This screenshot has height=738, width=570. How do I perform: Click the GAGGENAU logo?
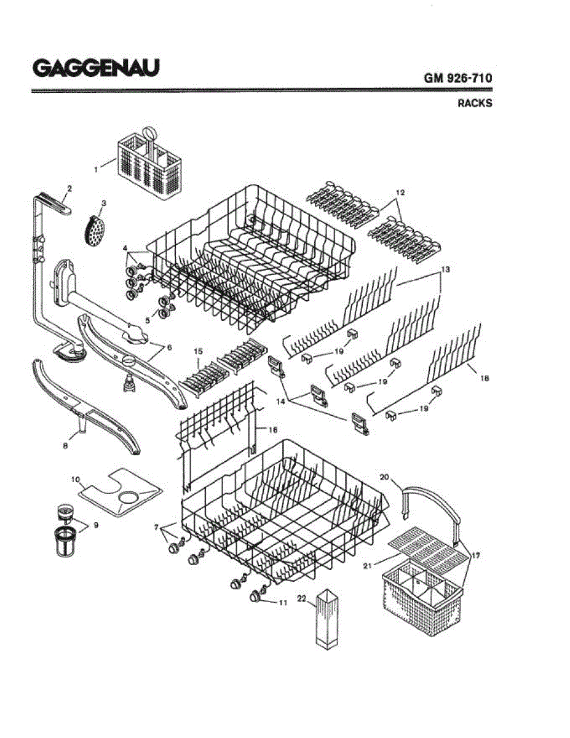click(x=95, y=67)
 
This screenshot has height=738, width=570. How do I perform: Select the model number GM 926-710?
click(x=457, y=78)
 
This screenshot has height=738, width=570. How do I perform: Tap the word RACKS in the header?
click(x=474, y=103)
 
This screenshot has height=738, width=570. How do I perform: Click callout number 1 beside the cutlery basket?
click(x=95, y=169)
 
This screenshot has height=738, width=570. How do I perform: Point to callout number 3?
click(x=103, y=203)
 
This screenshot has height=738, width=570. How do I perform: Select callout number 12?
click(x=400, y=192)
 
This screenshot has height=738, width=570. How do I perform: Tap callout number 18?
click(x=484, y=379)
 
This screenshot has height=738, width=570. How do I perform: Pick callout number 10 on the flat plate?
click(x=76, y=478)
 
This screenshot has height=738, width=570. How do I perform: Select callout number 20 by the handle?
click(x=385, y=477)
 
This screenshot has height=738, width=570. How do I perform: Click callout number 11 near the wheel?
click(x=283, y=603)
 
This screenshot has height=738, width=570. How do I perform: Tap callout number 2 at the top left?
click(x=69, y=189)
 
